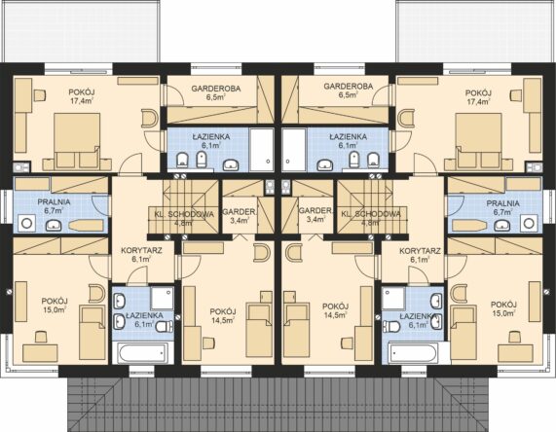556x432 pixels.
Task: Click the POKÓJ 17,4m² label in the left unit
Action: coord(82,96)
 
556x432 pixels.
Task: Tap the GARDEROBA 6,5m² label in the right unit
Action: coord(349,90)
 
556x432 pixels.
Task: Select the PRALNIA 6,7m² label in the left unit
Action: coord(54,206)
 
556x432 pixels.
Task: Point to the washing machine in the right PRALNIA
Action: coord(529,223)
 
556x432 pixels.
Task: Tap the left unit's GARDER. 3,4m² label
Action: coord(240,216)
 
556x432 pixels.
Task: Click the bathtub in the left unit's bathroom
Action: coord(142,352)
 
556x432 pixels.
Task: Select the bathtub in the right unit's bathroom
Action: coord(413,352)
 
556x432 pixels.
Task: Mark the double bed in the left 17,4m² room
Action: coord(77,140)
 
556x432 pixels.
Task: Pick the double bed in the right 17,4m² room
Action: coord(479,140)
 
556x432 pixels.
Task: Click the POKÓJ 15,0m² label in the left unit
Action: coord(55,306)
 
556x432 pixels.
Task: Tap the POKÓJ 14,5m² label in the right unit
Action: coord(335,310)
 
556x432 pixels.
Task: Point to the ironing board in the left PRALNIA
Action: coord(86,226)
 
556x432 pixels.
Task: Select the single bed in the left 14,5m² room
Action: coord(260,330)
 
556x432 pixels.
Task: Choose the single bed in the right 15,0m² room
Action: coord(463,333)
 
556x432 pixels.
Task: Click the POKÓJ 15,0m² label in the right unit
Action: coord(503,308)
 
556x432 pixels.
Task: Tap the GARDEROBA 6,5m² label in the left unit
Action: coord(216,92)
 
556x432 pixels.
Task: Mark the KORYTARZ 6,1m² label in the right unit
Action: coord(420,255)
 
